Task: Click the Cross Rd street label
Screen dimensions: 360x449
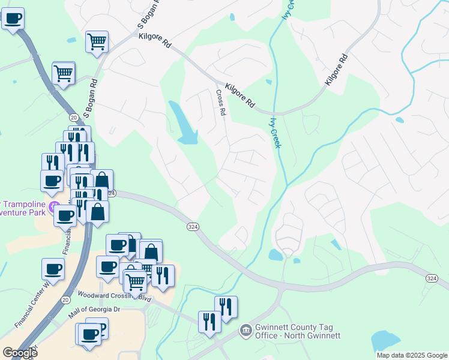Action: tap(221, 102)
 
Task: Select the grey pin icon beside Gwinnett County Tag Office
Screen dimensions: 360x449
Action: tap(245, 330)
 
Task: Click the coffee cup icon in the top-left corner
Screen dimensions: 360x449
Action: tap(12, 18)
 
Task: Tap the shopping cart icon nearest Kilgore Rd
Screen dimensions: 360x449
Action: tap(96, 42)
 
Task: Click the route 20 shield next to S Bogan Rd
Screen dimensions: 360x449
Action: tap(73, 116)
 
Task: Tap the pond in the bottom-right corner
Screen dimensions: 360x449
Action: tap(384, 341)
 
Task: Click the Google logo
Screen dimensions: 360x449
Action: tap(20, 353)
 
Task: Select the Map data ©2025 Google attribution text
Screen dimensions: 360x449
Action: tap(411, 355)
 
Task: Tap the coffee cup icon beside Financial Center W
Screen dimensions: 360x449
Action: tap(53, 270)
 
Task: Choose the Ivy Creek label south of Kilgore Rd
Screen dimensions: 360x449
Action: tap(277, 132)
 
